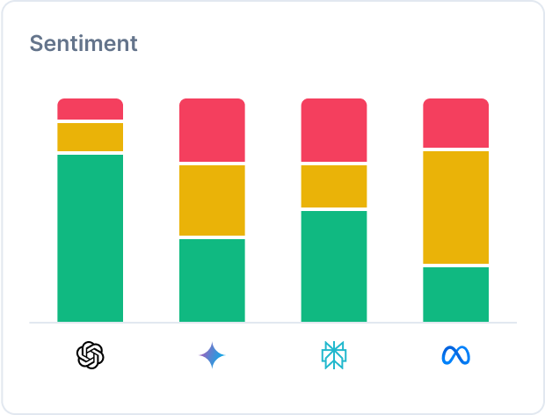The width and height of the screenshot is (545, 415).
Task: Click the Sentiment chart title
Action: pos(84,43)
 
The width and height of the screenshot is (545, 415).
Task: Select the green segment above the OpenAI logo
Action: pos(90,237)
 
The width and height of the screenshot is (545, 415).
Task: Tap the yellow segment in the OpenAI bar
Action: pos(90,137)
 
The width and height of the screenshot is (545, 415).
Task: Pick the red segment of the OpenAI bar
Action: pos(90,109)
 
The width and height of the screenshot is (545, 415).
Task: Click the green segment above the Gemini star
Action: pos(212,280)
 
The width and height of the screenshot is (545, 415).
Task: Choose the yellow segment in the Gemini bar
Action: pos(212,200)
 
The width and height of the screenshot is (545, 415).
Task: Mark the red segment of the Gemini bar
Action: pos(212,130)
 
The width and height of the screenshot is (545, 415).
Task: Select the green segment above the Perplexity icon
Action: pos(334,266)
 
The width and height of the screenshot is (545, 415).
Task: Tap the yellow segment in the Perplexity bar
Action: pos(334,186)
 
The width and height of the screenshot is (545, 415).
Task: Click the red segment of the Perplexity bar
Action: pos(334,130)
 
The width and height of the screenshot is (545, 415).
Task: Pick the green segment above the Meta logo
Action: pos(455,294)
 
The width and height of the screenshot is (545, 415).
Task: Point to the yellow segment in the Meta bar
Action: pos(455,207)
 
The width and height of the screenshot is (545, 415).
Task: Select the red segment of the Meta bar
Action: pos(455,123)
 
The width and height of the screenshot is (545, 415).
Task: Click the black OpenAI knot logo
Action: pos(90,355)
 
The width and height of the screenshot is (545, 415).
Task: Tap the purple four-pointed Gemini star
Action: pos(212,355)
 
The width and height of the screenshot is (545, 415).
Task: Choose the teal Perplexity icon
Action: pos(334,355)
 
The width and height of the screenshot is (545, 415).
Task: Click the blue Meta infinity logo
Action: pos(455,355)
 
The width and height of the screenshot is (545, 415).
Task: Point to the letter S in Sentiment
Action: pos(36,43)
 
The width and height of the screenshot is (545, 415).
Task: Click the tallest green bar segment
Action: pos(90,237)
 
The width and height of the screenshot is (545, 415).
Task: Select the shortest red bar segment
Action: pos(90,109)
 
